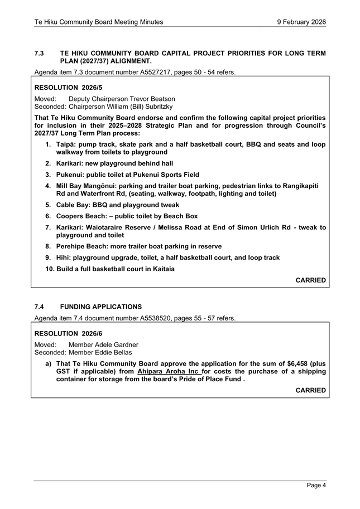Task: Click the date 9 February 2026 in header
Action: (301, 22)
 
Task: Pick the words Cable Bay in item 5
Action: (74, 205)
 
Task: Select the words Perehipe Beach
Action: (83, 246)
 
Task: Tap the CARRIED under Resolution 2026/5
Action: (310, 280)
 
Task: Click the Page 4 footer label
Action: (316, 486)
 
